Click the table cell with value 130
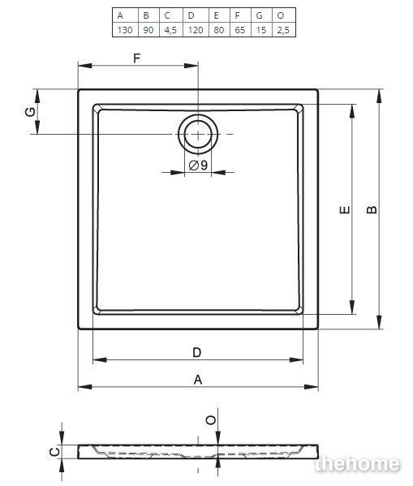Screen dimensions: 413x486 pos(125,30)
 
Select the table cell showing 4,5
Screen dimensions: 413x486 pos(171,30)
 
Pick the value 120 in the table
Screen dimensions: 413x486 pos(196,30)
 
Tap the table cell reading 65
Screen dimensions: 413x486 pos(239,30)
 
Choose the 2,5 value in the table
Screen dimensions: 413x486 pos(283,30)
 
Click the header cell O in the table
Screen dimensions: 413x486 pos(283,15)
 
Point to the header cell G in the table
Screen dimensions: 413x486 pos(261,15)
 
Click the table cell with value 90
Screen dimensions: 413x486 pos(148,30)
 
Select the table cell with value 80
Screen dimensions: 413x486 pos(219,30)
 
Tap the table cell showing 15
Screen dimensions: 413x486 pos(261,30)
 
